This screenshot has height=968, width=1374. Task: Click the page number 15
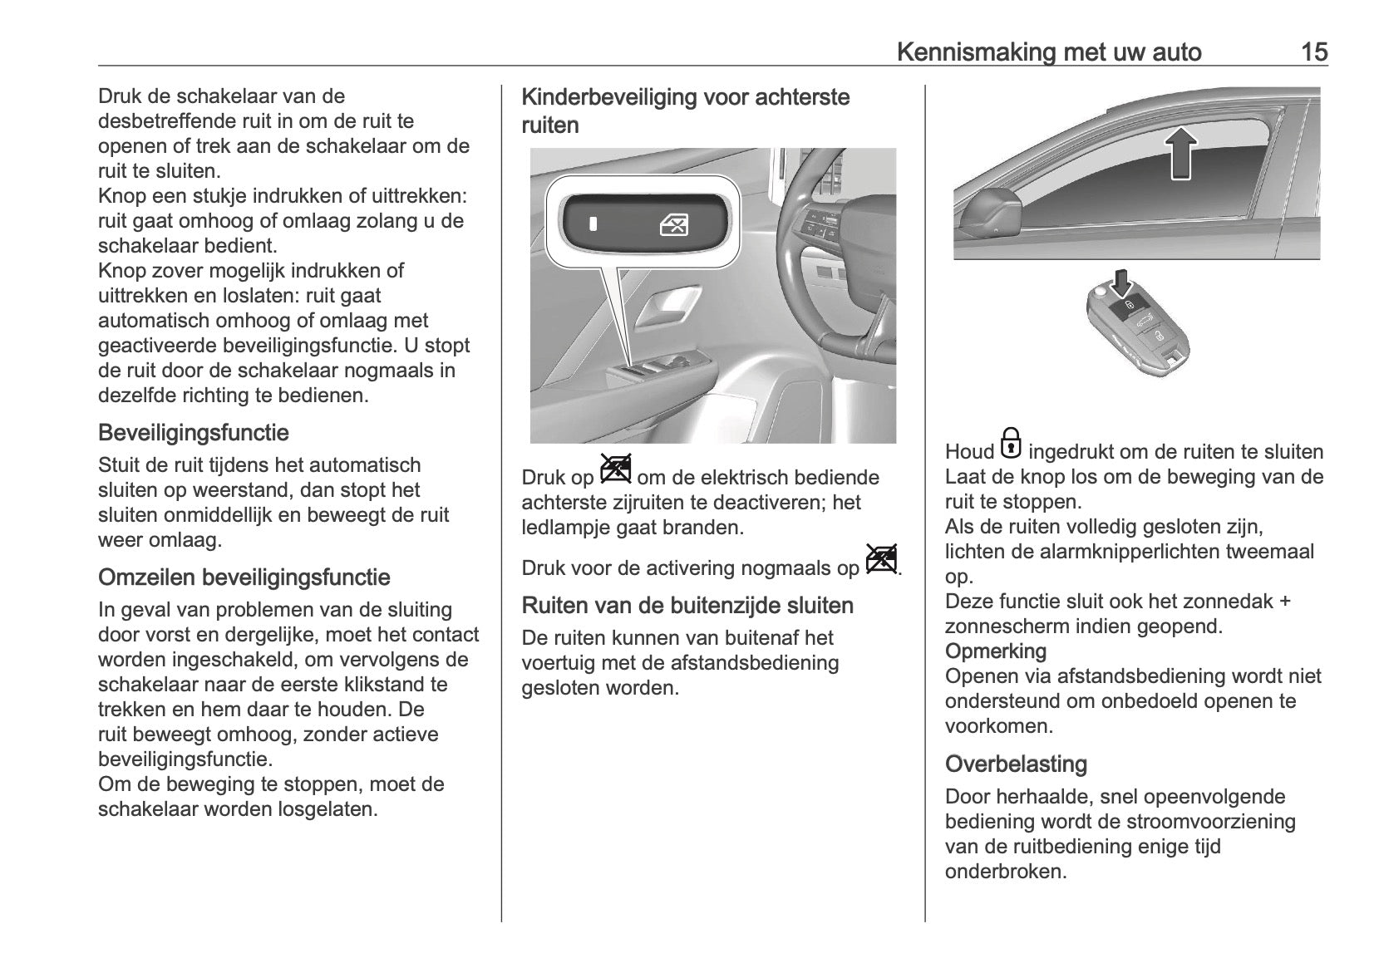point(1314,52)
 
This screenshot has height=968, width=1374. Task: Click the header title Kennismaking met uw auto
point(1049,52)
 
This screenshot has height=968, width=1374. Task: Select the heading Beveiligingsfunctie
point(194,433)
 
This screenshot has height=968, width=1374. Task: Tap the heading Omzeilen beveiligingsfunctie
point(244,577)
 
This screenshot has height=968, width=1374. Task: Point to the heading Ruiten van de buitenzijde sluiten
point(687,606)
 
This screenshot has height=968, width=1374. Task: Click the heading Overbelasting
point(1016,764)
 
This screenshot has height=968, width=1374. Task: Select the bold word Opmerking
point(996,651)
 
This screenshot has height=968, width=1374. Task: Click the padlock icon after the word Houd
point(1011,444)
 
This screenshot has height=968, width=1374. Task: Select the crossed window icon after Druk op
point(615,470)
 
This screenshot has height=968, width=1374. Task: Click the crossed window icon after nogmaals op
point(881,560)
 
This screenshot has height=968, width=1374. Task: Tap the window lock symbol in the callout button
point(672,224)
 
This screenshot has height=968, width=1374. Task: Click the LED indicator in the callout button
point(593,224)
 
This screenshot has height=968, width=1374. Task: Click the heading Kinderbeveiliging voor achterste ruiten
point(685,111)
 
